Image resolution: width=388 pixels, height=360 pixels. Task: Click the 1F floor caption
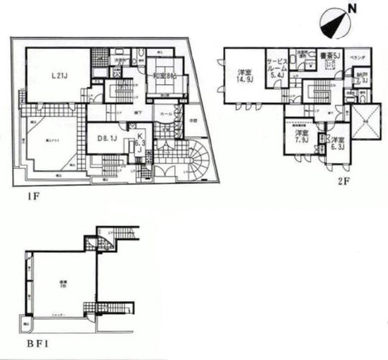[22, 193]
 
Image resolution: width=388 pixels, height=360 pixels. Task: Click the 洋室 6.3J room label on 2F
[337, 142]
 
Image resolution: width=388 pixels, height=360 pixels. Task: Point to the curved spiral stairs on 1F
[195, 154]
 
